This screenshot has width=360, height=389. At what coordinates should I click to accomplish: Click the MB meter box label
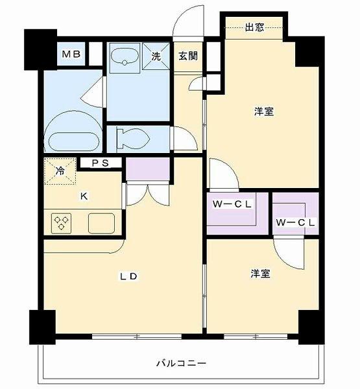[71, 54]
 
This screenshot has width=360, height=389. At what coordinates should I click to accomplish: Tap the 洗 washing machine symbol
[156, 56]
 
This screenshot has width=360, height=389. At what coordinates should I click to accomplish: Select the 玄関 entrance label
[188, 56]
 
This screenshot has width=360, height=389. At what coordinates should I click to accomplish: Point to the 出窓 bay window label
[254, 27]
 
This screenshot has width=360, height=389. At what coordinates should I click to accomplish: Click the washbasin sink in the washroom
[125, 56]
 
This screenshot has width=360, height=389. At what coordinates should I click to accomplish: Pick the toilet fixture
[133, 139]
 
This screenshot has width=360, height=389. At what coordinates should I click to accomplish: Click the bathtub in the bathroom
[74, 141]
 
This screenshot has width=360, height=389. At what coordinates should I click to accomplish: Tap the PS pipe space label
[101, 163]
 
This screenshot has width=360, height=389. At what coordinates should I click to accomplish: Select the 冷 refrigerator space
[60, 171]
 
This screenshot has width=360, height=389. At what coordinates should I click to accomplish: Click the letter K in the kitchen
[84, 196]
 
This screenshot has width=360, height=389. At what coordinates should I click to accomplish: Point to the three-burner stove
[62, 223]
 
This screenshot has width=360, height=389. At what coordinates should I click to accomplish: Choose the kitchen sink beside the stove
[102, 223]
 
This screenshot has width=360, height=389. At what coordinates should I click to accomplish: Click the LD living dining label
[128, 276]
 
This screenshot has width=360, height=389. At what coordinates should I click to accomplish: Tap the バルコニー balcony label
[182, 364]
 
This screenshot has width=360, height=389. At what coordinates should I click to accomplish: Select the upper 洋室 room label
[263, 112]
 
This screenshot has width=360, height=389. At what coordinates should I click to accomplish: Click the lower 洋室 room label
[260, 274]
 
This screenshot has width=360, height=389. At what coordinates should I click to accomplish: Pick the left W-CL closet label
[232, 204]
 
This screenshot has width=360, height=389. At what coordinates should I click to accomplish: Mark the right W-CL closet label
[295, 222]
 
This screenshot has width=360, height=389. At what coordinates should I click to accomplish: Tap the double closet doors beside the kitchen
[148, 194]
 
